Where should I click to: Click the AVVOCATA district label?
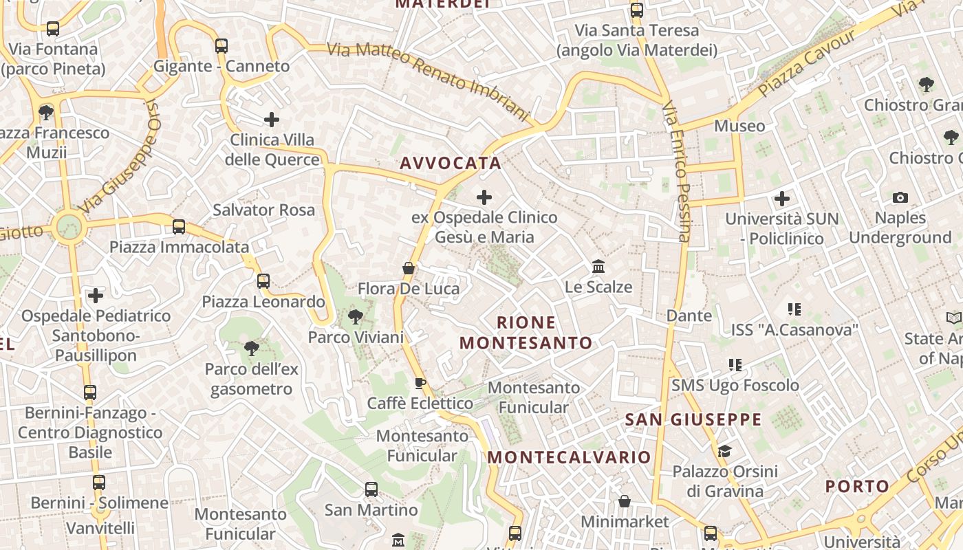[x=451, y=164]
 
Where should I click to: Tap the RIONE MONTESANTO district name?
[x=526, y=333]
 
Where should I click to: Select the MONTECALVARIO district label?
[x=569, y=457]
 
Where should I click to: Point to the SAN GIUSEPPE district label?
[x=693, y=419]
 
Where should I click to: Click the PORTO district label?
[x=857, y=486]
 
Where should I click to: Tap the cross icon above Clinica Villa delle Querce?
[x=272, y=120]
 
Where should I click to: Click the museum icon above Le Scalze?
[x=598, y=266]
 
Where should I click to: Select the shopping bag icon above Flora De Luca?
[x=409, y=268]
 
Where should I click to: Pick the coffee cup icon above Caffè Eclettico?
[x=420, y=383]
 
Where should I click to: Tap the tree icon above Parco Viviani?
[x=356, y=317]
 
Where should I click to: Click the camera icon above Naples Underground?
[x=900, y=198]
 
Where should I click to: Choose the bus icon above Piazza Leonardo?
[x=263, y=280]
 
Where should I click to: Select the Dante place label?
[x=689, y=316]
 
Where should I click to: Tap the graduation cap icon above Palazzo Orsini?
[x=724, y=451]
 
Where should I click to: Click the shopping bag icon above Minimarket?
[x=625, y=501]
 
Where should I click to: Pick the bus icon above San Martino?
[x=371, y=489]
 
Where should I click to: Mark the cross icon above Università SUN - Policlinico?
[x=782, y=199]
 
